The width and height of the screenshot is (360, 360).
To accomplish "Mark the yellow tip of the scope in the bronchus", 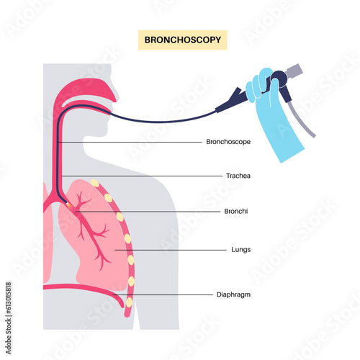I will [70, 205].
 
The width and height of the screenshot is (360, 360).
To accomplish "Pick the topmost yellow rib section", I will [95, 184].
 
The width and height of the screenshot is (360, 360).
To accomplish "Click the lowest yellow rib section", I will [130, 303].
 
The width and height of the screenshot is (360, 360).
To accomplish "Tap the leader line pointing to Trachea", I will [137, 175].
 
